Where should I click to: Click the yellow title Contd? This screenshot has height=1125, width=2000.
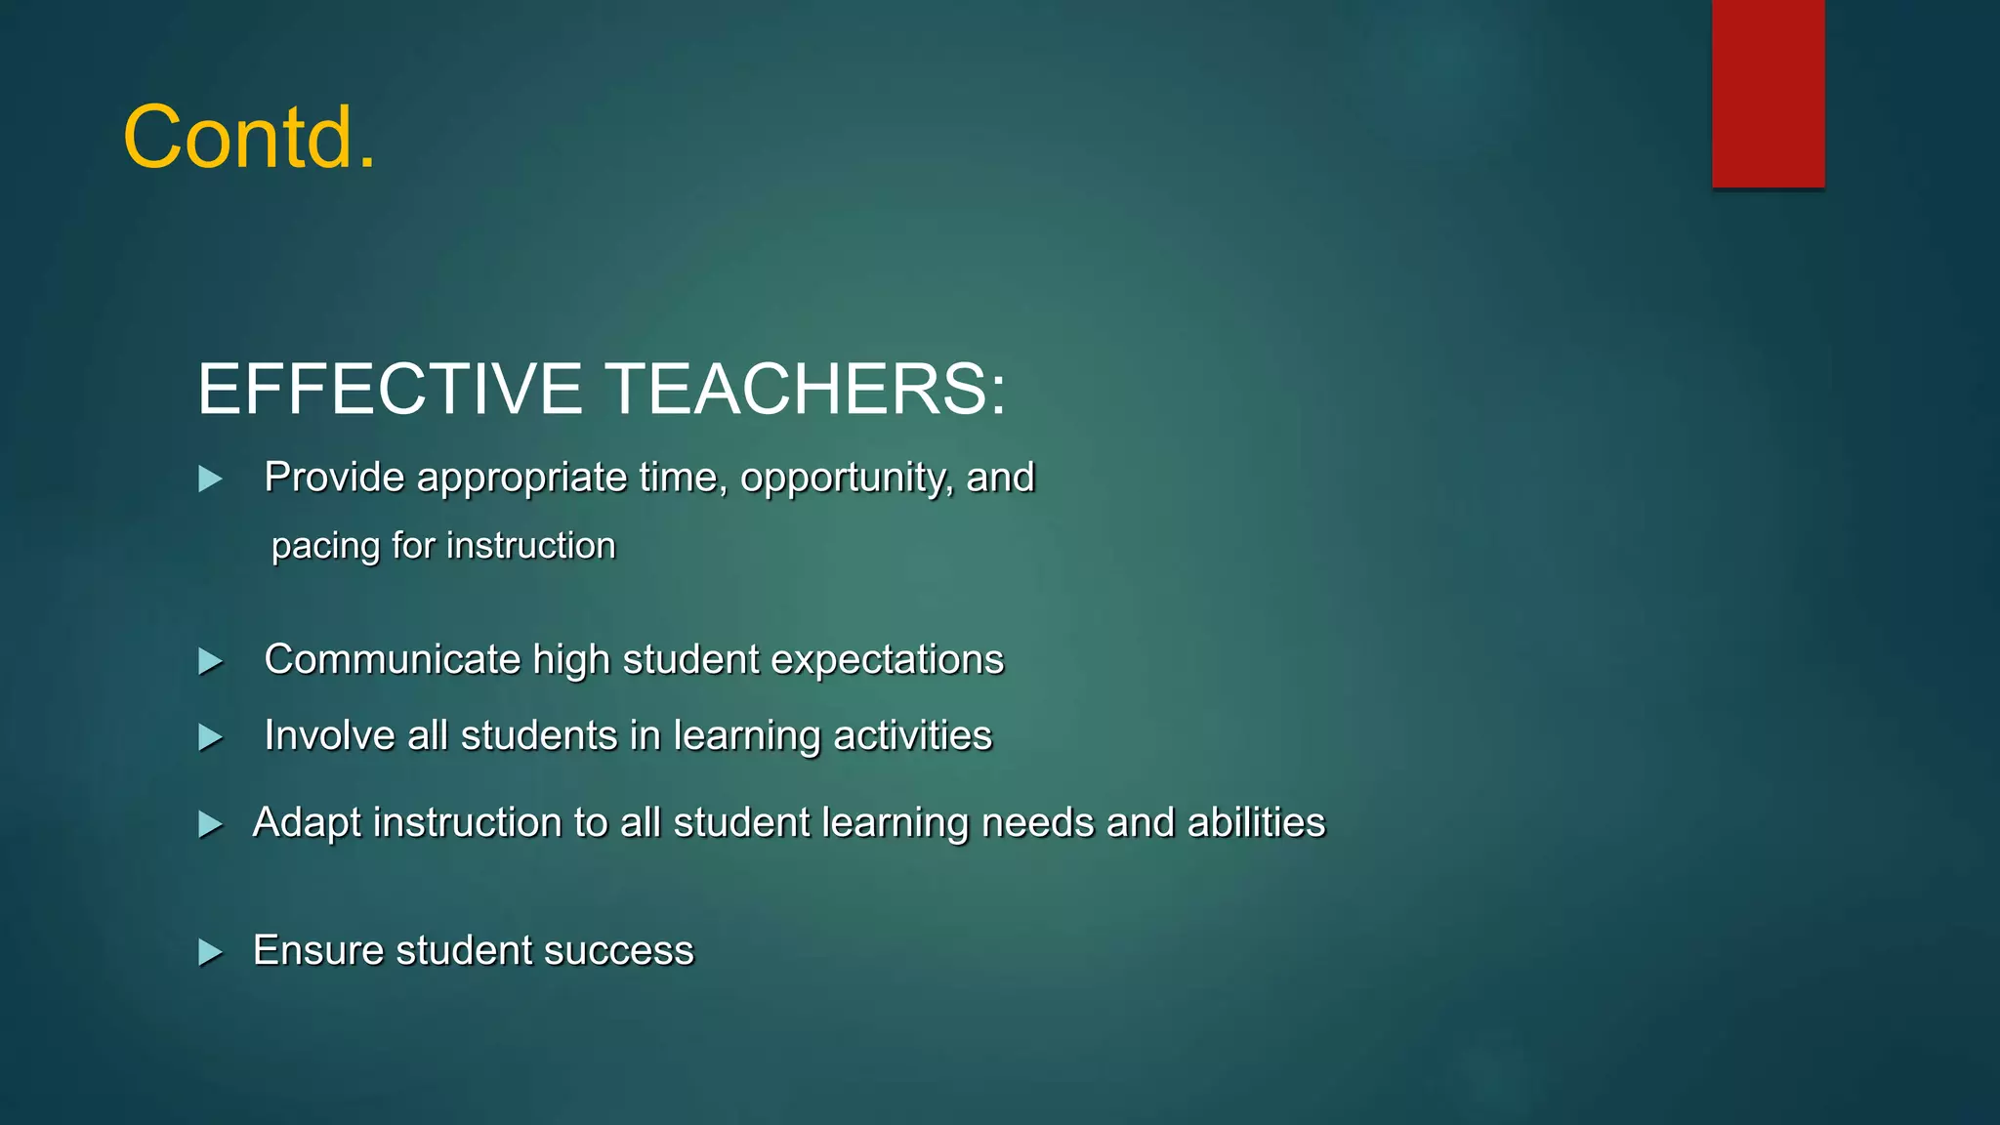coord(249,138)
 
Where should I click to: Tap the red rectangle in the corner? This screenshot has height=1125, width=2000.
coord(1768,93)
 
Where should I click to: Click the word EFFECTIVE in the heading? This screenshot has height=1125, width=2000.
coord(390,389)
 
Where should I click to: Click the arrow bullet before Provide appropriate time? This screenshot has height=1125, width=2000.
coord(210,479)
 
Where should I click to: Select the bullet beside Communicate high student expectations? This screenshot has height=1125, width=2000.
coord(210,661)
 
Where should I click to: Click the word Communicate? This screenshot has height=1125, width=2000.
coord(392,660)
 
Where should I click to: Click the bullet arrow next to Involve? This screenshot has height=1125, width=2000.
coord(210,737)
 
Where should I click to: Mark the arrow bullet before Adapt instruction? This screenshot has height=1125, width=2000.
coord(210,824)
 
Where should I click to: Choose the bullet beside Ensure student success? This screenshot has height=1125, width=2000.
coord(210,952)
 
